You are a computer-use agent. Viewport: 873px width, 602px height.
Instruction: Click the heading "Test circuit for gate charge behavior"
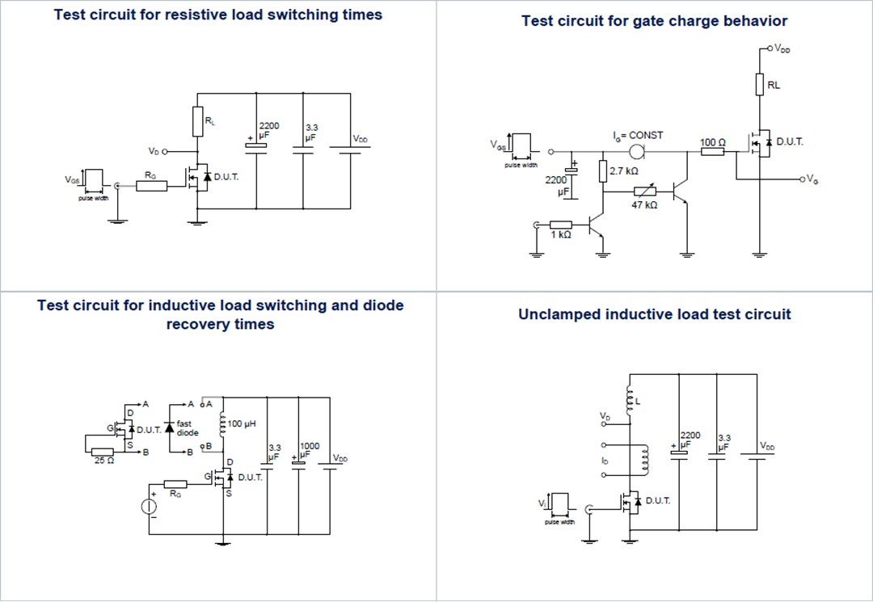click(654, 21)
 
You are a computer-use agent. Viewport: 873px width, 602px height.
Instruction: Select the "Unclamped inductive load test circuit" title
click(654, 314)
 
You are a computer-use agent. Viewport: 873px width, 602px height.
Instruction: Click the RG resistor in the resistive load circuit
click(151, 187)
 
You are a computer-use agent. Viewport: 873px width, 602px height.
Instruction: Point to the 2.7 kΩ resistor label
click(623, 171)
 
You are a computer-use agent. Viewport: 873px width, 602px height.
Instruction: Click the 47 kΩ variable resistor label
click(644, 205)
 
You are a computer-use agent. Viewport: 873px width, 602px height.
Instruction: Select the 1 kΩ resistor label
click(561, 235)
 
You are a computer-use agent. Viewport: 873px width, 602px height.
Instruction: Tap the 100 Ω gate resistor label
click(712, 142)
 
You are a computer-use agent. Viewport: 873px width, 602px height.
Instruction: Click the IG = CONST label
click(637, 135)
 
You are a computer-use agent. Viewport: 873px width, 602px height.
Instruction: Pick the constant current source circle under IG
click(637, 151)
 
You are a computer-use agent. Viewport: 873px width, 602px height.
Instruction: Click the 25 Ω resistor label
click(104, 461)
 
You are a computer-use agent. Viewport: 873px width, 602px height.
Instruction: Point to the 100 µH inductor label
click(242, 423)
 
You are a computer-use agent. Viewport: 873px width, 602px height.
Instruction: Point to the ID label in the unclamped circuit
click(604, 460)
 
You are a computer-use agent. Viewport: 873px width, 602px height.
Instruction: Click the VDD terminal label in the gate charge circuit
click(782, 48)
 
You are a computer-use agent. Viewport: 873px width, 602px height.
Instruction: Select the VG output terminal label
click(812, 179)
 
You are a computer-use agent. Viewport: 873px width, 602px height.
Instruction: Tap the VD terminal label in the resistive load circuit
click(154, 151)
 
